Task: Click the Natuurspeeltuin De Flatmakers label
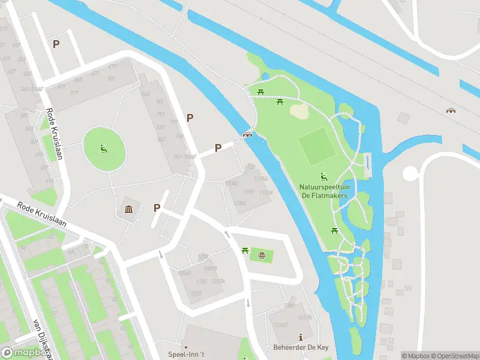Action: tap(323, 191)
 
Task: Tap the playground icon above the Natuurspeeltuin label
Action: tap(324, 177)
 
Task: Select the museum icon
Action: tap(129, 209)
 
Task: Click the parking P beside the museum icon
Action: tap(157, 208)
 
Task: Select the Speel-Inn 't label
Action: tap(185, 355)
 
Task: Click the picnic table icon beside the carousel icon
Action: tap(245, 251)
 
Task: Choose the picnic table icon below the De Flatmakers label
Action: tap(335, 230)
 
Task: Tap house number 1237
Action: tap(196, 293)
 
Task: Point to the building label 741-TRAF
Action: tap(185, 157)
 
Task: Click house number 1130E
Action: tap(240, 203)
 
